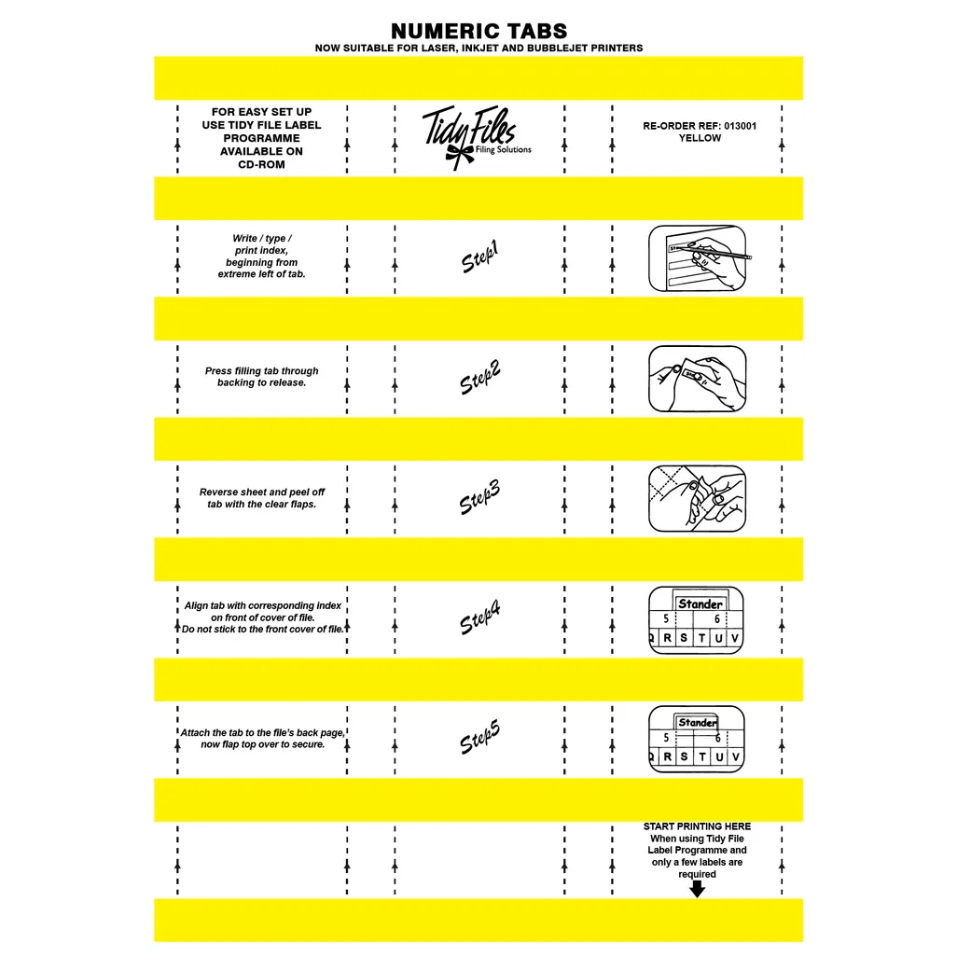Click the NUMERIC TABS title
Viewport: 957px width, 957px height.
click(x=478, y=31)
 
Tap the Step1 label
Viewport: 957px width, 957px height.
click(x=480, y=257)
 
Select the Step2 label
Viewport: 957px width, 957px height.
click(x=480, y=378)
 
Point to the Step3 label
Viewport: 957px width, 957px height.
click(x=480, y=498)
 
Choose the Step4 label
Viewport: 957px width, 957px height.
click(x=480, y=618)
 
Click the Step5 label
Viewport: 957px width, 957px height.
click(x=480, y=739)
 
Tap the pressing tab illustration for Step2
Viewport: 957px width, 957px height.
click(x=697, y=378)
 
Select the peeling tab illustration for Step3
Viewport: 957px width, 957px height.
click(x=697, y=498)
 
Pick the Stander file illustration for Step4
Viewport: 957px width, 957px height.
click(x=697, y=619)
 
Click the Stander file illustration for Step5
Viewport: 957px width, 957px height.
click(x=697, y=739)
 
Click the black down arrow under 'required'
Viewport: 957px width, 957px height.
click(x=697, y=889)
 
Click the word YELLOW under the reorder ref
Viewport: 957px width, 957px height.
click(x=700, y=138)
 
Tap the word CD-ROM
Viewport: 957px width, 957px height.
click(x=261, y=164)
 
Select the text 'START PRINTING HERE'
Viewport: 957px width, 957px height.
click(x=697, y=826)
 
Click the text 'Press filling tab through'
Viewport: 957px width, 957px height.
click(x=261, y=371)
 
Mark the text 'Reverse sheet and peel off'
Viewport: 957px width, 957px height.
click(x=262, y=492)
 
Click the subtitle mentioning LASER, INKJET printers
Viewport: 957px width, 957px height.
click(x=478, y=48)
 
